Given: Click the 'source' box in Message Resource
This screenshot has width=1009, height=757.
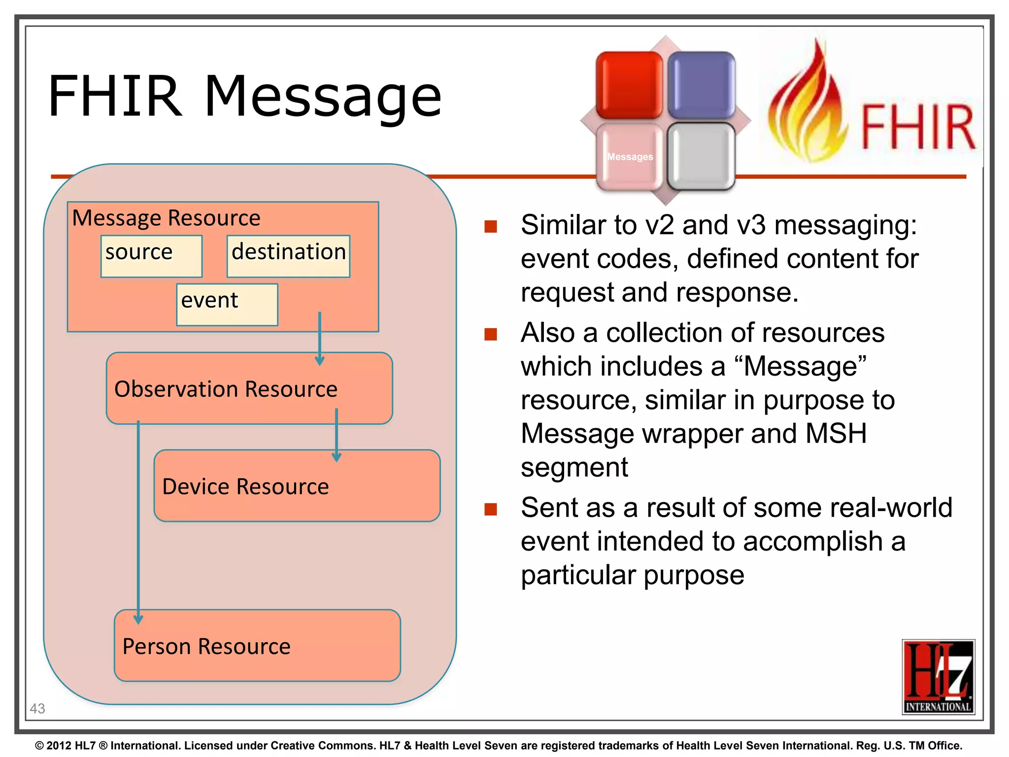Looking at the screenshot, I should (151, 256).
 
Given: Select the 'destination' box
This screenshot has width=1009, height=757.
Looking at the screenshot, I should (288, 256).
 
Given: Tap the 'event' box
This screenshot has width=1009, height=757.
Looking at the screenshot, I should (227, 304).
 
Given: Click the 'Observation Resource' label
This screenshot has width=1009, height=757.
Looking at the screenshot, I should (226, 389).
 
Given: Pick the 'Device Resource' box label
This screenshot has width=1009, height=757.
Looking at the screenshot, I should (245, 486).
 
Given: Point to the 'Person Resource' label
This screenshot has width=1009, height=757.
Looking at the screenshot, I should (206, 646).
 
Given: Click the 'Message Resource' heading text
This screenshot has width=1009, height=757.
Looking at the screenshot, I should (166, 218).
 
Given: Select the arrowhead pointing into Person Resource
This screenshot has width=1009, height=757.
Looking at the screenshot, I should (138, 619).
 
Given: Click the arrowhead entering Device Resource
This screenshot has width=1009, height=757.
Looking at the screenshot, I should (336, 457).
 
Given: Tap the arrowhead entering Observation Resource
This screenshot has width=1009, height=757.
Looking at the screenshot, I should (320, 361).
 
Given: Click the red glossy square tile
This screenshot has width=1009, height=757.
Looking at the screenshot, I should (629, 85).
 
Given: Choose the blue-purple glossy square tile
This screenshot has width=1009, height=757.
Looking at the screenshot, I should (701, 85).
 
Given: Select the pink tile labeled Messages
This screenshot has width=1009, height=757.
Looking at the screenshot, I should (629, 156).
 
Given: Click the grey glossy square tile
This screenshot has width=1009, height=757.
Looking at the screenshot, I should (701, 156).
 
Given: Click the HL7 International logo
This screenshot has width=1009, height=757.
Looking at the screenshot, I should (938, 677).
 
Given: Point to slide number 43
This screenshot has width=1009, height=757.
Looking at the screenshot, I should (37, 708).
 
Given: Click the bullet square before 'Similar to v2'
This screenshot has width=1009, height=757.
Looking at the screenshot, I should (491, 226).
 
